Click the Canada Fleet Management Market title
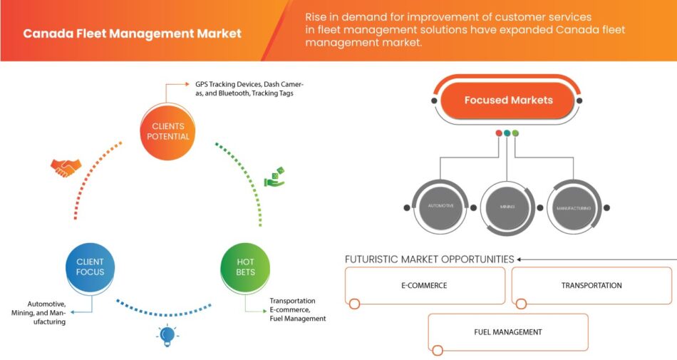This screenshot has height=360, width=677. (x=132, y=34)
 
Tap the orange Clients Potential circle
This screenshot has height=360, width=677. (x=167, y=131)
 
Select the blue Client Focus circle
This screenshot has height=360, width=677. (x=90, y=267)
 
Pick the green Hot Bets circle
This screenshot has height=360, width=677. (x=245, y=267)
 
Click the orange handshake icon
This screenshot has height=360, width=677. (x=66, y=168)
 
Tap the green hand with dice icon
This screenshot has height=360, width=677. (x=274, y=178)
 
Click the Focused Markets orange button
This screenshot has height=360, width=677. (x=508, y=100)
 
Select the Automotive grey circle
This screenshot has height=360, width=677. (x=440, y=207)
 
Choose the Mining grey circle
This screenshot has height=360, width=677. (x=507, y=207)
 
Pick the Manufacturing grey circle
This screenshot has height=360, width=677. (x=574, y=207)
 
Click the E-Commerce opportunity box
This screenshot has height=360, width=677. (x=423, y=286)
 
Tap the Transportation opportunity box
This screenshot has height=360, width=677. (x=591, y=286)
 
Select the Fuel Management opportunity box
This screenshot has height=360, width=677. (x=507, y=332)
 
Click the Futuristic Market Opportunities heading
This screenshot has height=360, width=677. (x=429, y=259)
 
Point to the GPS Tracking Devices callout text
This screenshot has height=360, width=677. (x=243, y=88)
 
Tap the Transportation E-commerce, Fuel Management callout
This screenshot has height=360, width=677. (x=297, y=309)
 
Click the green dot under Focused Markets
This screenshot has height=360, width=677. (x=515, y=133)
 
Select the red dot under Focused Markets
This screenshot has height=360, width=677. (x=499, y=133)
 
